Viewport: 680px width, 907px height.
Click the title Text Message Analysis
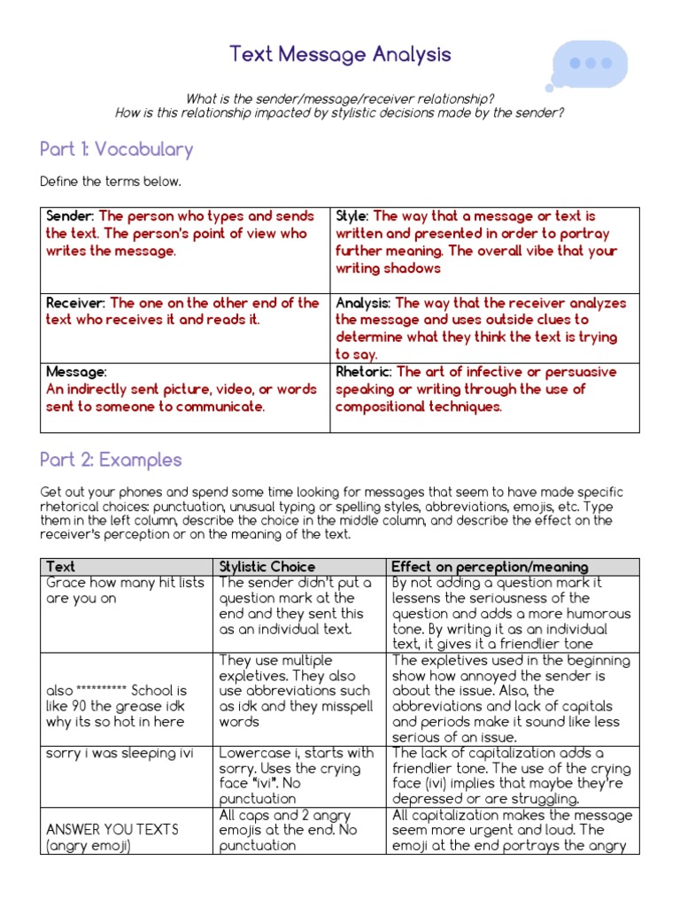point(340,55)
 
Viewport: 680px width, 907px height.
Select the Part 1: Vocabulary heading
point(116,149)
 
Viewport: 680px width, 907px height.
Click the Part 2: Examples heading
point(111,460)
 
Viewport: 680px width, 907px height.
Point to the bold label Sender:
point(71,216)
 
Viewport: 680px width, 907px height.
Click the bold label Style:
point(352,216)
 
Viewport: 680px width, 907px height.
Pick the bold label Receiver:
point(76,303)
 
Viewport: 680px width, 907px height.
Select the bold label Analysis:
point(363,303)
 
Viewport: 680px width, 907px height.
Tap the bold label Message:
point(76,372)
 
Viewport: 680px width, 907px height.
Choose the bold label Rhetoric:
point(364,372)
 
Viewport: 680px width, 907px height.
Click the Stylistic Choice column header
point(267,567)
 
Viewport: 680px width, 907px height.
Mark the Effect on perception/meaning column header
point(489,567)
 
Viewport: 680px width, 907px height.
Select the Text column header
point(60,567)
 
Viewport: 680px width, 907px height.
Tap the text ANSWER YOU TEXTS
point(112,830)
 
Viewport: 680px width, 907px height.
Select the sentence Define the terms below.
point(111,182)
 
